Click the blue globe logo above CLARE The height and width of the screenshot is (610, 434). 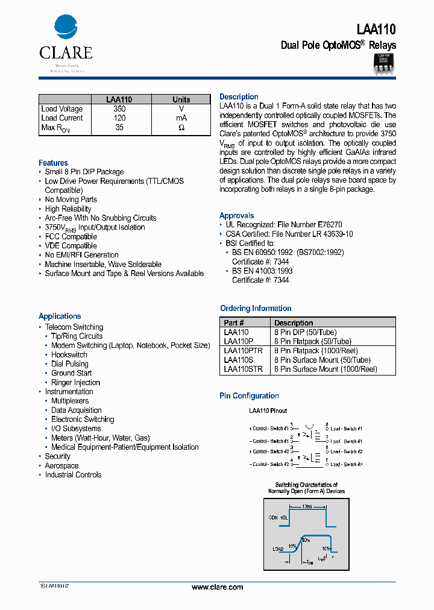pyautogui.click(x=66, y=28)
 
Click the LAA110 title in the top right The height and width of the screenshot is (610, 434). pyautogui.click(x=376, y=29)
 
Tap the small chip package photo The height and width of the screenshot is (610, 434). pyautogui.click(x=383, y=63)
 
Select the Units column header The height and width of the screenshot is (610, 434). pyautogui.click(x=181, y=99)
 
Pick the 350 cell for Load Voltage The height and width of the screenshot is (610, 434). pyautogui.click(x=119, y=109)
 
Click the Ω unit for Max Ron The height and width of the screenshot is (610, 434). pyautogui.click(x=181, y=128)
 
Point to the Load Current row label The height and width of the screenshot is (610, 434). pyautogui.click(x=62, y=118)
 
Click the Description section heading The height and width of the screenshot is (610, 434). pyautogui.click(x=239, y=97)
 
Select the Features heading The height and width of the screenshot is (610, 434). pyautogui.click(x=53, y=163)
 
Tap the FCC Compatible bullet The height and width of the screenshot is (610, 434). pyautogui.click(x=71, y=236)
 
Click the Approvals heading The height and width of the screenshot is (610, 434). pyautogui.click(x=237, y=216)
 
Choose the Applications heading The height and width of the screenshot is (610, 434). pyautogui.click(x=60, y=316)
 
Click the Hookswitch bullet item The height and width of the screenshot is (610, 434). pyautogui.click(x=69, y=355)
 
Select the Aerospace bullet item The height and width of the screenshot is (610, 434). pyautogui.click(x=61, y=466)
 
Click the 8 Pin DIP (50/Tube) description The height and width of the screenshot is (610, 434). pyautogui.click(x=305, y=332)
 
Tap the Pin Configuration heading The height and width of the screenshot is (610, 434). pyautogui.click(x=249, y=396)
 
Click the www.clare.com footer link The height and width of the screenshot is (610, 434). pyautogui.click(x=217, y=587)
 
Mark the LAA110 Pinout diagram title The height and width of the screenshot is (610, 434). pyautogui.click(x=268, y=410)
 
